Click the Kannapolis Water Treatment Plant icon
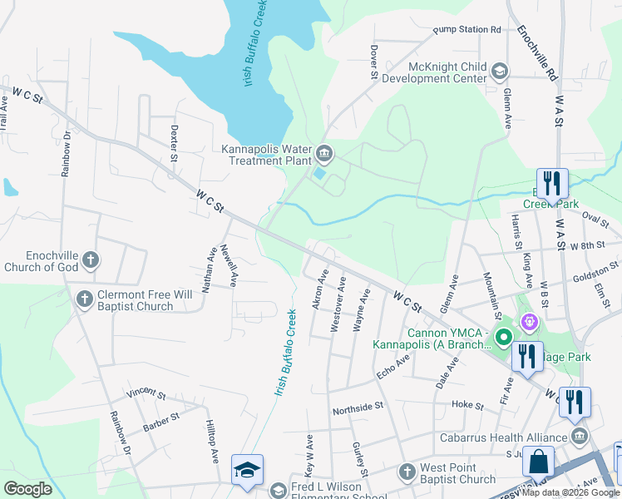324,152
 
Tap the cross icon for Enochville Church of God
91,260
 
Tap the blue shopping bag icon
538,461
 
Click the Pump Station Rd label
466,30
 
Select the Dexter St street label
174,143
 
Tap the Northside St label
357,408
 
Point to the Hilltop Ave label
211,440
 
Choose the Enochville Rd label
536,52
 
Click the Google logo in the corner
27,489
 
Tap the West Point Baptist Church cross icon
407,472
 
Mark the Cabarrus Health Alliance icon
580,435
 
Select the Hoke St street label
467,405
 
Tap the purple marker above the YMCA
527,320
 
